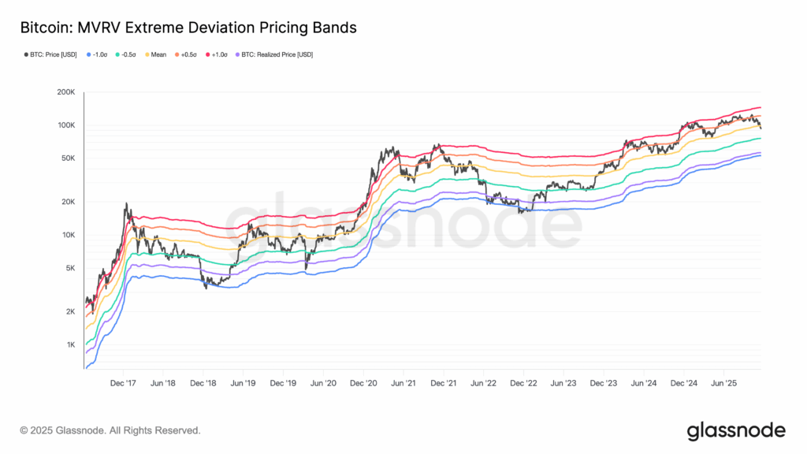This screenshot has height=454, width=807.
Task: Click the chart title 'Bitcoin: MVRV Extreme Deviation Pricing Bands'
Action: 188,28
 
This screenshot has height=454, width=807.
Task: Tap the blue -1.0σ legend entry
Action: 97,54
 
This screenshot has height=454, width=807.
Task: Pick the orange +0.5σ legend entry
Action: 187,54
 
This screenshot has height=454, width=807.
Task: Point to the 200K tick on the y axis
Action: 65,92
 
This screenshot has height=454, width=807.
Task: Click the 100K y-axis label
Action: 65,125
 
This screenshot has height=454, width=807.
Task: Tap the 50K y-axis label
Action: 67,158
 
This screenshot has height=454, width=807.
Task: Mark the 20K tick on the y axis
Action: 67,202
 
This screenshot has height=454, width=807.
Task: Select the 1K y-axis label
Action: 69,345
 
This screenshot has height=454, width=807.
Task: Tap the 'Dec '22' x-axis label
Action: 523,382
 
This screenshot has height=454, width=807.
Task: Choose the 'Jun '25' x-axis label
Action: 723,382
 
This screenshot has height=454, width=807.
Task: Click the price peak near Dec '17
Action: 126,204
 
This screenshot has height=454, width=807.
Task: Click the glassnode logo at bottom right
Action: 735,430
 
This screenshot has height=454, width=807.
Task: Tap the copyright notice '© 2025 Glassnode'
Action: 110,431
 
